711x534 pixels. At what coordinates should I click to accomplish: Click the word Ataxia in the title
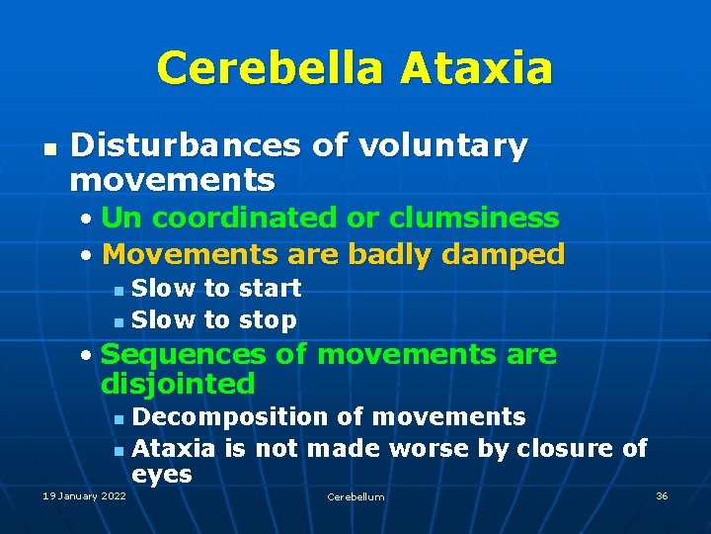[x=477, y=68]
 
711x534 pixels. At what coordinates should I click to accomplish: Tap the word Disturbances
[x=186, y=146]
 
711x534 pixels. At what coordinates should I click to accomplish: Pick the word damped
[x=506, y=255]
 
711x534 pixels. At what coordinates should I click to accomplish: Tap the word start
[x=268, y=289]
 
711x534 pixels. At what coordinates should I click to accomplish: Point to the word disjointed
[x=178, y=384]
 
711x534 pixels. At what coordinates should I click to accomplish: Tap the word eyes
[x=161, y=475]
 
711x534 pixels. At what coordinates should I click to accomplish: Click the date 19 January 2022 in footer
[x=84, y=495]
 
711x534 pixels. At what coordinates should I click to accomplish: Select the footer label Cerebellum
[x=355, y=496]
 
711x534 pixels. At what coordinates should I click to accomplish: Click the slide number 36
[x=662, y=495]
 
